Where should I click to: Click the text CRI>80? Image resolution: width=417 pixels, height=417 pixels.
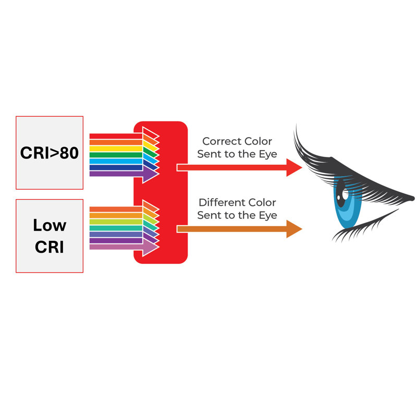[50, 153]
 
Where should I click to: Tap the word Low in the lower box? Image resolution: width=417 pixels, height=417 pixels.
[50, 226]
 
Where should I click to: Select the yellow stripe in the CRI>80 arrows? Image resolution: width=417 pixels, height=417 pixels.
[116, 149]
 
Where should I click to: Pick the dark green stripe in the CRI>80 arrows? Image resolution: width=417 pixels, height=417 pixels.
[116, 155]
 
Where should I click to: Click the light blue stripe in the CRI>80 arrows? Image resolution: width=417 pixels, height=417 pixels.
[116, 161]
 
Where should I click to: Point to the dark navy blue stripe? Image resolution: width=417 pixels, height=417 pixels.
[116, 167]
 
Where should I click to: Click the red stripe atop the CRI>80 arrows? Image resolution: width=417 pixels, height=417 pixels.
[116, 136]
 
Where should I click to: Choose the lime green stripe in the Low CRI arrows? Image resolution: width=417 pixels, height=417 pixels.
[116, 222]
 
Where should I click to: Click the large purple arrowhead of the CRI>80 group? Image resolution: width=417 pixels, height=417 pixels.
[150, 174]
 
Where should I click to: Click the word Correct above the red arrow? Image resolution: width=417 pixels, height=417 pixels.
[222, 141]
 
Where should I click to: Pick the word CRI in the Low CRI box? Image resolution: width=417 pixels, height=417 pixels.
[50, 247]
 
